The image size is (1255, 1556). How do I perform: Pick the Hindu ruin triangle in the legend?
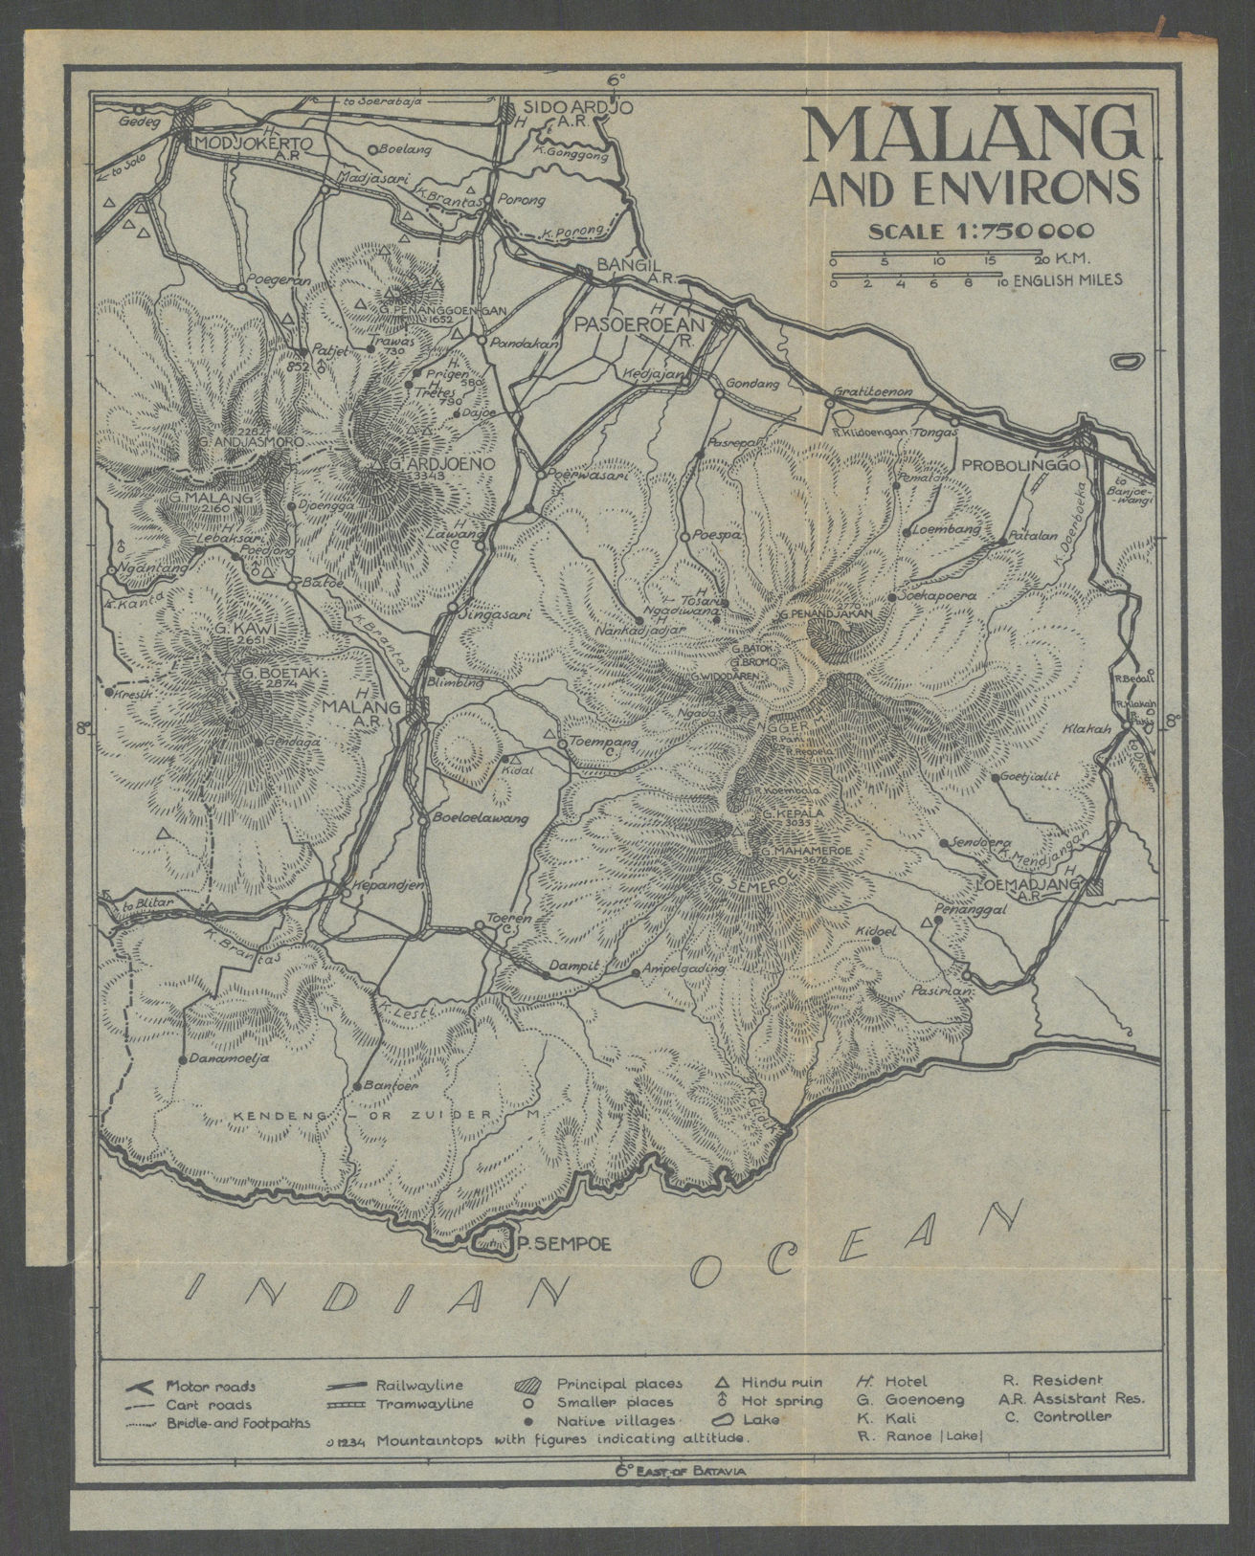[x=724, y=1383]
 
